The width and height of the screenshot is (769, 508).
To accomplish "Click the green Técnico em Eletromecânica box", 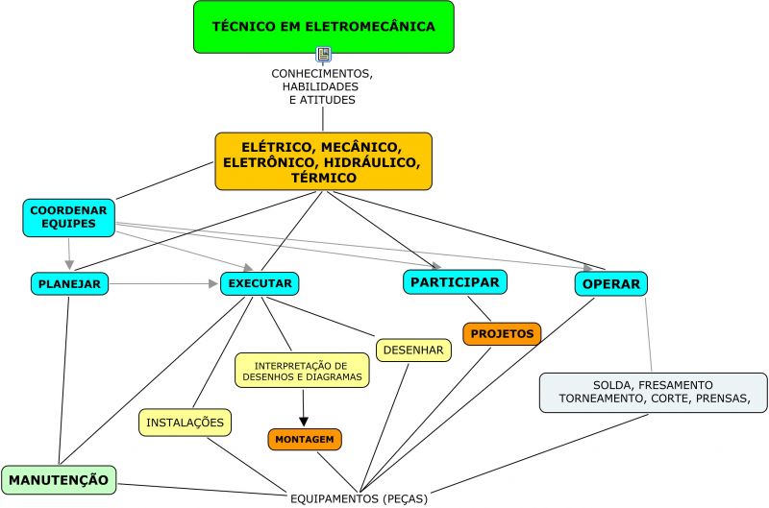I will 323,26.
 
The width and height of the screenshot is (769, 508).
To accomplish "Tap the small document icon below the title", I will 323,55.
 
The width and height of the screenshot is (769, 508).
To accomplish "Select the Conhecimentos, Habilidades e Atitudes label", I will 322,86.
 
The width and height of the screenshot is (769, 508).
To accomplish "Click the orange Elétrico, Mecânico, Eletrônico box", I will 323,161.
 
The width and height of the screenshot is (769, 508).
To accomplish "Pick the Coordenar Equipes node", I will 68,218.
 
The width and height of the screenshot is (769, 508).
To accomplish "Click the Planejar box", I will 69,283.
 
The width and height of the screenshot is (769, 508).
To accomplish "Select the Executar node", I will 260,283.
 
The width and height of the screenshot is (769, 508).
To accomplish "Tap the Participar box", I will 455,281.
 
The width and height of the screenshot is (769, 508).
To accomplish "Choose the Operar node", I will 611,284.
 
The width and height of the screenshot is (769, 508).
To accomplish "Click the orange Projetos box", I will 502,333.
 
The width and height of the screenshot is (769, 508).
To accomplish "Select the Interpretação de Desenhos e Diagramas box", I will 302,372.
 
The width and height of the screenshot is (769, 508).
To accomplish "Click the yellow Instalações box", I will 186,422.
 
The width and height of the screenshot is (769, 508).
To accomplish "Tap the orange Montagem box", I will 304,439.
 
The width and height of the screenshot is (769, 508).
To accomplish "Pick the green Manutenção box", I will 59,478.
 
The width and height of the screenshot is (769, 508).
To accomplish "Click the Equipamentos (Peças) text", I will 359,498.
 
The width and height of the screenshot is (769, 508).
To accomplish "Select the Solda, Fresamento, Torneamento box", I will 653,392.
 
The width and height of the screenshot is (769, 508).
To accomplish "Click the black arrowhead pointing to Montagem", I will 304,420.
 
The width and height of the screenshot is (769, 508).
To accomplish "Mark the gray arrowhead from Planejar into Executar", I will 214,283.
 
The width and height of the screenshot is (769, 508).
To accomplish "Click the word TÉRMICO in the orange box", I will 323,178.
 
